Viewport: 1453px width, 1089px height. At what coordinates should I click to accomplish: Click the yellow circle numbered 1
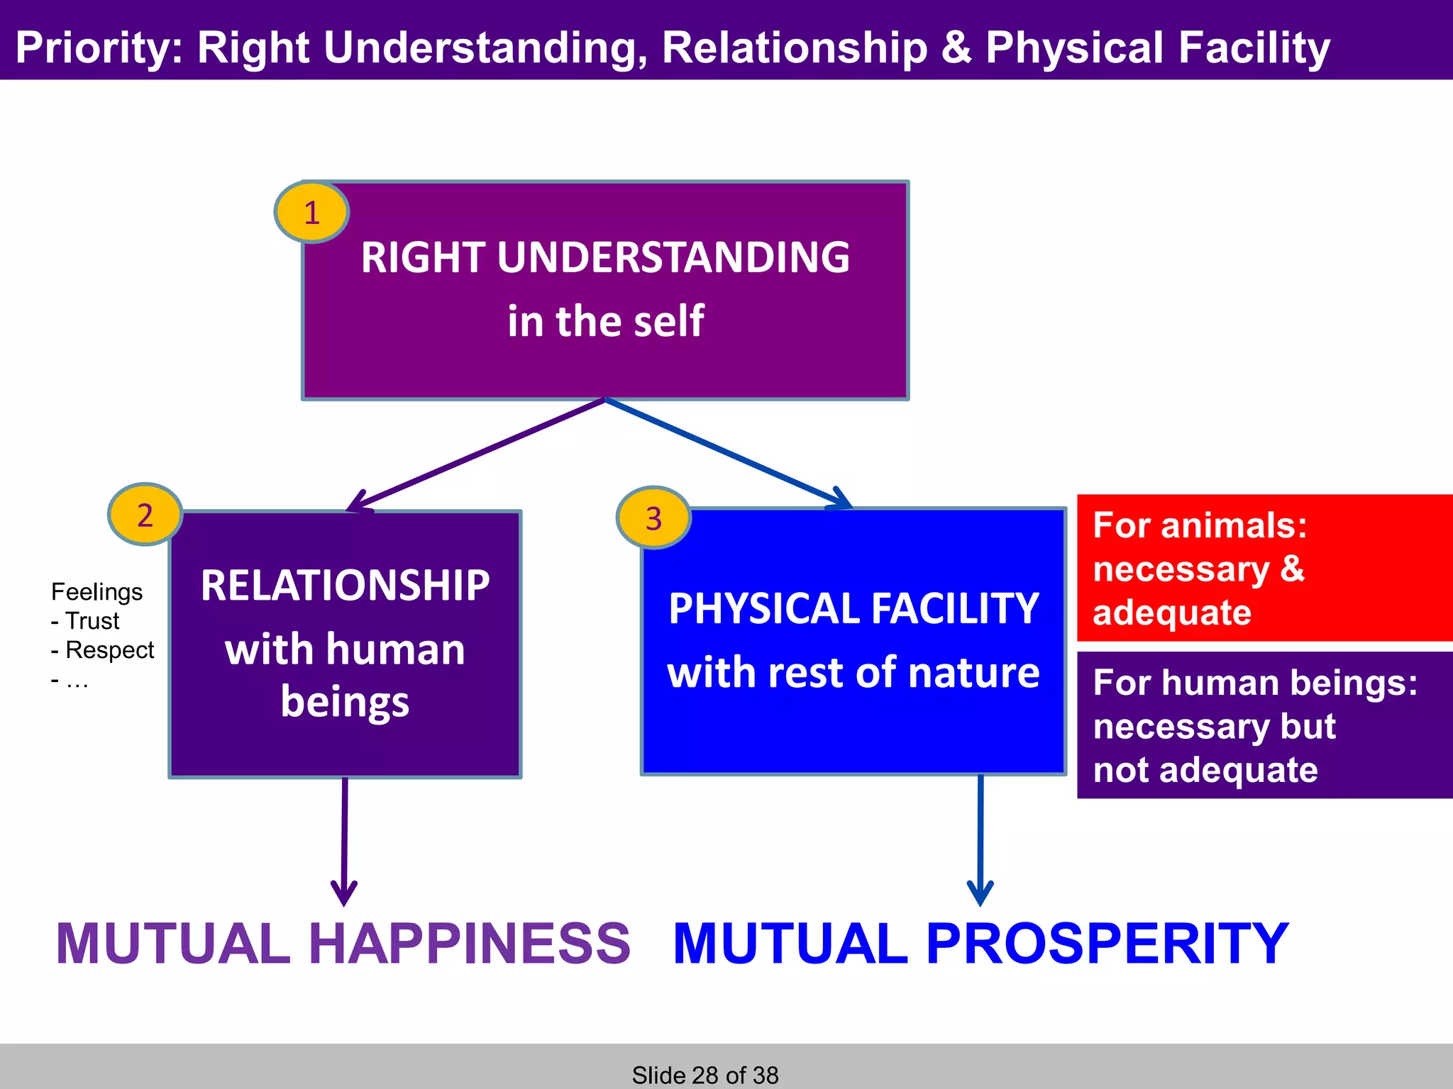[311, 213]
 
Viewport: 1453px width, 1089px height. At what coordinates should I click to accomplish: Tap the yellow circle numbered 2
[145, 515]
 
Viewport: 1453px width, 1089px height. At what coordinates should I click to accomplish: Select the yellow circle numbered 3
[653, 518]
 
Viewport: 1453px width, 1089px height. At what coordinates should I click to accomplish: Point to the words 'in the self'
[605, 321]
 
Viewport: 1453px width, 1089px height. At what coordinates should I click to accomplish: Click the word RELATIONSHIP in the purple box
[345, 586]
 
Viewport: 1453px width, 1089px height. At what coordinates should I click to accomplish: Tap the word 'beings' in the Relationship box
[345, 702]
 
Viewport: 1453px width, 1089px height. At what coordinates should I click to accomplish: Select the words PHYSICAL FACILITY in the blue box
[853, 609]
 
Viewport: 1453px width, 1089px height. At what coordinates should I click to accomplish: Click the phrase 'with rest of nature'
[853, 673]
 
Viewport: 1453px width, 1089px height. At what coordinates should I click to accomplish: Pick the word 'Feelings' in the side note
[96, 592]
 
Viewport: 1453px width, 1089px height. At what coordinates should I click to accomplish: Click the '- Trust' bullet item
[86, 621]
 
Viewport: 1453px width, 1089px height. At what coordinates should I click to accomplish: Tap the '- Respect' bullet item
[103, 650]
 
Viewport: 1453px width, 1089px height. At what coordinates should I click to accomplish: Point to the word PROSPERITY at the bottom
[1107, 944]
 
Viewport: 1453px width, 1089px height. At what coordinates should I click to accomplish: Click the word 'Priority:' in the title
[99, 48]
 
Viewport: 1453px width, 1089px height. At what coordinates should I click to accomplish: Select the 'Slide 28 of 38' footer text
[705, 1075]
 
